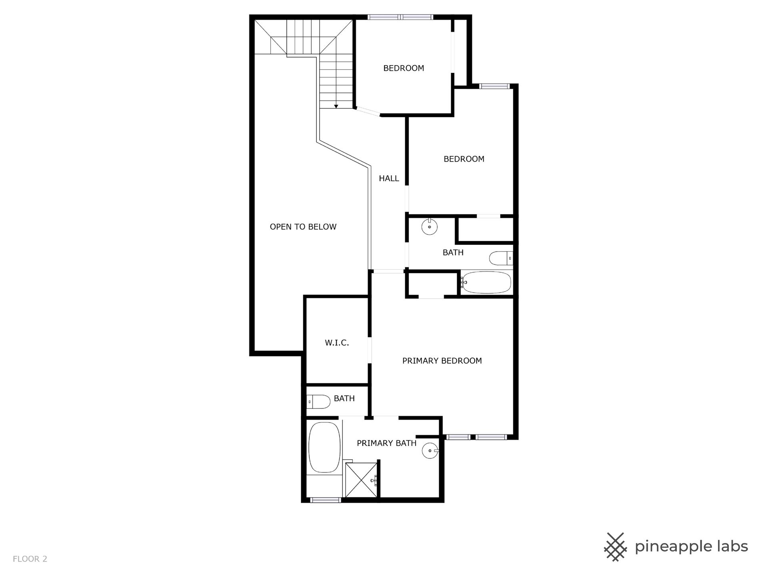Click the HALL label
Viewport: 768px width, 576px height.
(x=389, y=178)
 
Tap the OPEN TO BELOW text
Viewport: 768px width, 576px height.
(x=303, y=227)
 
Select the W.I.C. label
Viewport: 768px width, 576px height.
(x=337, y=343)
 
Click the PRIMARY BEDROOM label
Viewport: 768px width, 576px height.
(x=442, y=361)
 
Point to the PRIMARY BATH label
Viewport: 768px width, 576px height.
(x=386, y=443)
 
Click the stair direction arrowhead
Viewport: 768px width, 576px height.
(x=336, y=106)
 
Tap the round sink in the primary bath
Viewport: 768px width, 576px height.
(x=430, y=451)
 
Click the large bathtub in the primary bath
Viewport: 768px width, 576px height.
(x=324, y=447)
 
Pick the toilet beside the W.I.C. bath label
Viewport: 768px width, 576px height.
(x=318, y=402)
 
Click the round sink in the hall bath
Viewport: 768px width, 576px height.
(x=429, y=227)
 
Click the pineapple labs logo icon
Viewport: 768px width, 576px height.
(x=615, y=547)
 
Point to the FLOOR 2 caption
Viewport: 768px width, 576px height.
(x=30, y=559)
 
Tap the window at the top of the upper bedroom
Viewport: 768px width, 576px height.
(x=400, y=17)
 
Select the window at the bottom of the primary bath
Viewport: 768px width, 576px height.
(x=326, y=500)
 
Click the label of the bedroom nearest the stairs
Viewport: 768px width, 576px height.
(x=404, y=68)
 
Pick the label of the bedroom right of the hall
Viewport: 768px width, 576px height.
(x=464, y=159)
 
